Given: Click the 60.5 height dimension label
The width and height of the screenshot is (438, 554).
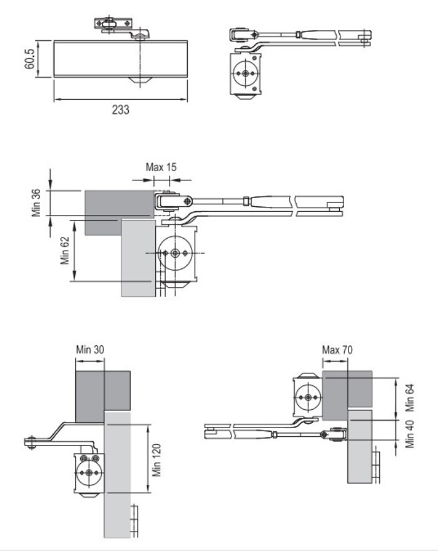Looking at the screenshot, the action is pyautogui.click(x=29, y=59).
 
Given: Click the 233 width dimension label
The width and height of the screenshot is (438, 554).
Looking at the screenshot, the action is pyautogui.click(x=121, y=110).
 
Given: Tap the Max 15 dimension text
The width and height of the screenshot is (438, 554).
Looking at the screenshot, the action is pyautogui.click(x=161, y=167).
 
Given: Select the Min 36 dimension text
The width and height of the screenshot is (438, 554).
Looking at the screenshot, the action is pyautogui.click(x=36, y=203).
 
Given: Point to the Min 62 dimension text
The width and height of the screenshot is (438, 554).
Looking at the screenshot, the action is pyautogui.click(x=65, y=251).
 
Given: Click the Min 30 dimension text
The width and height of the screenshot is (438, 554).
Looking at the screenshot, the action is pyautogui.click(x=90, y=350).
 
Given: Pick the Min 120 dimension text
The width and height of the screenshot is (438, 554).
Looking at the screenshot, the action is pyautogui.click(x=156, y=461).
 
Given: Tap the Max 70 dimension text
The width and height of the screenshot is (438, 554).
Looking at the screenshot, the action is pyautogui.click(x=337, y=350).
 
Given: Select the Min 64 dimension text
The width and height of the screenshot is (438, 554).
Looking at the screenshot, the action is pyautogui.click(x=409, y=398).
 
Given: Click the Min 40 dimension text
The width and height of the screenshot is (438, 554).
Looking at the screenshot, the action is pyautogui.click(x=409, y=434).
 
